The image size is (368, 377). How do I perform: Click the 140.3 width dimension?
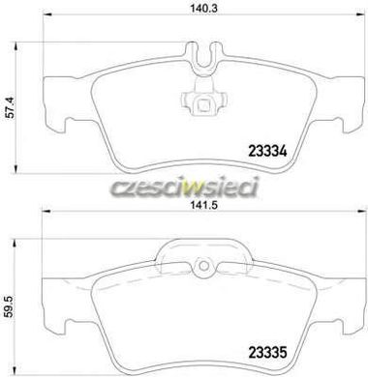204,8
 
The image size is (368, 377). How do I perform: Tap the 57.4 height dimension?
11,109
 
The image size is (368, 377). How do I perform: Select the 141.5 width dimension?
204,204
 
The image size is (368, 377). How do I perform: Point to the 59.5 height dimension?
11,306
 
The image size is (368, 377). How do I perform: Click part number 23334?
267,152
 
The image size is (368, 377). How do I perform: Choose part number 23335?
267,352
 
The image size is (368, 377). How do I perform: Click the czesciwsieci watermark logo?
185,188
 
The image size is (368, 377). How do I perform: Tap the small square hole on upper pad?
203,104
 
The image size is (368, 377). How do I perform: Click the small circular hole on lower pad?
203,266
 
